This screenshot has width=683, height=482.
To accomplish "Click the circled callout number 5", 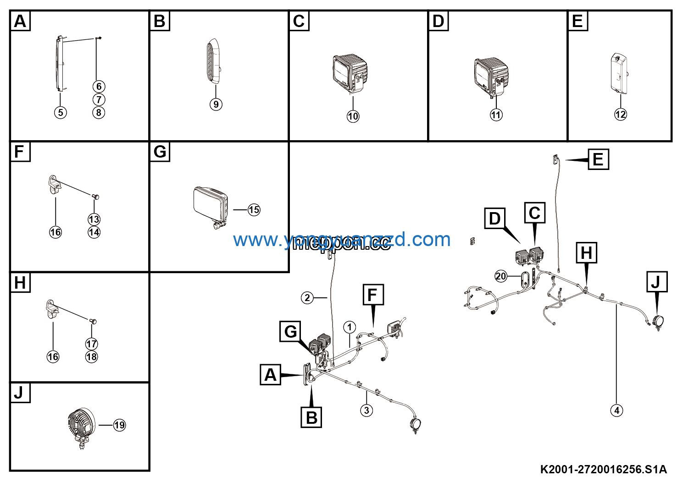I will (x=60, y=112).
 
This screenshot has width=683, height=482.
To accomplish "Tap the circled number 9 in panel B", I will (x=216, y=104).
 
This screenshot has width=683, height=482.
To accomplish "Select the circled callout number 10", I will (x=353, y=116).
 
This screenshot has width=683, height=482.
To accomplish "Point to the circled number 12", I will (x=620, y=114).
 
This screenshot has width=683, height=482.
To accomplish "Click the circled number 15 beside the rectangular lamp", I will (x=254, y=210).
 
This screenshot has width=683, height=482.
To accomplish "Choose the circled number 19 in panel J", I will (x=119, y=425).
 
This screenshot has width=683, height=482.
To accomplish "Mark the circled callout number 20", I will (x=501, y=276).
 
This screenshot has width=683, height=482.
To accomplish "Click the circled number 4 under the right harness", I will (x=616, y=411).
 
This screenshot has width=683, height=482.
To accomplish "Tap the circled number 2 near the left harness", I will (x=307, y=298).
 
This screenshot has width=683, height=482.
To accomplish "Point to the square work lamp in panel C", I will (x=350, y=72).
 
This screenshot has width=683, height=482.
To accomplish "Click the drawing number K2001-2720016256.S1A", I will (x=603, y=469).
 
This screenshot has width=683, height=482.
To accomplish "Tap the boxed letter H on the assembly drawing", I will (x=587, y=253).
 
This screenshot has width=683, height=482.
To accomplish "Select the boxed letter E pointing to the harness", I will (x=598, y=159).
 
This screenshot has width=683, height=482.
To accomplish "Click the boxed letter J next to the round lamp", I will (x=656, y=282).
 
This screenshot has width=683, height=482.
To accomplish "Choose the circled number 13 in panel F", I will (x=94, y=219).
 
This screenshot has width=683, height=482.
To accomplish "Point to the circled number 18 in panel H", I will (x=92, y=357).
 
